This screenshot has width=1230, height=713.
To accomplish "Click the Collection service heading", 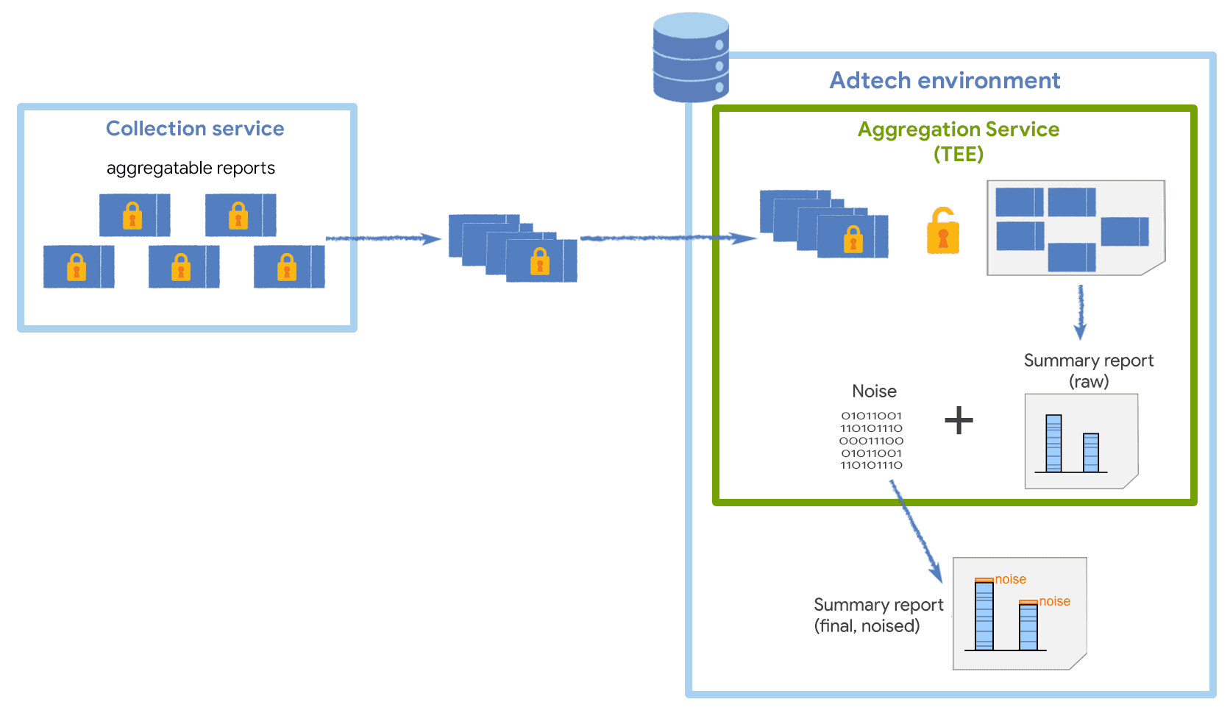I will [195, 129].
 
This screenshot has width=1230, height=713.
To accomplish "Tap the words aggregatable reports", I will [191, 169].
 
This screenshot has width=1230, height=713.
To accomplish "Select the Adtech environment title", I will [945, 80].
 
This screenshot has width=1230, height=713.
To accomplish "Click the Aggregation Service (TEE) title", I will [958, 141].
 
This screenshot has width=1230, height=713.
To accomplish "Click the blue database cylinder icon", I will [691, 58].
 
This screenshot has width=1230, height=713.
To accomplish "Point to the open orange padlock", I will [942, 232].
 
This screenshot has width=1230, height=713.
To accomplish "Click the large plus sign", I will [959, 421].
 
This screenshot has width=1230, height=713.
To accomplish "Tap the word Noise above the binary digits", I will [874, 391].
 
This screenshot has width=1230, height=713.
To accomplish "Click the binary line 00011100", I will [871, 441].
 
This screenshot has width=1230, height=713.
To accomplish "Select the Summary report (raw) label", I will [1088, 370].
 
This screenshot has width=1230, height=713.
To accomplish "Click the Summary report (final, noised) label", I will [878, 615].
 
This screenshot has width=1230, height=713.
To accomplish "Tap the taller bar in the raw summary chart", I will [1053, 444].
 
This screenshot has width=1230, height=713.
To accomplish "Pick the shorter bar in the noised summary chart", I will [1028, 626].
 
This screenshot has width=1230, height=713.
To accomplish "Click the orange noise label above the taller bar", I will [1010, 579].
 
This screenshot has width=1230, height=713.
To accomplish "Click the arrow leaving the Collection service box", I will [383, 238].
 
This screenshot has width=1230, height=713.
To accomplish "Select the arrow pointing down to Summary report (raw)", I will [1080, 312].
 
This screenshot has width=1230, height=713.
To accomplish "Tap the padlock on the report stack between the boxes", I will [540, 261].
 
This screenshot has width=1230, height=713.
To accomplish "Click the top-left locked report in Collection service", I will [135, 215].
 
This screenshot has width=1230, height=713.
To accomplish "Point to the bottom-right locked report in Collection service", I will [289, 266].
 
